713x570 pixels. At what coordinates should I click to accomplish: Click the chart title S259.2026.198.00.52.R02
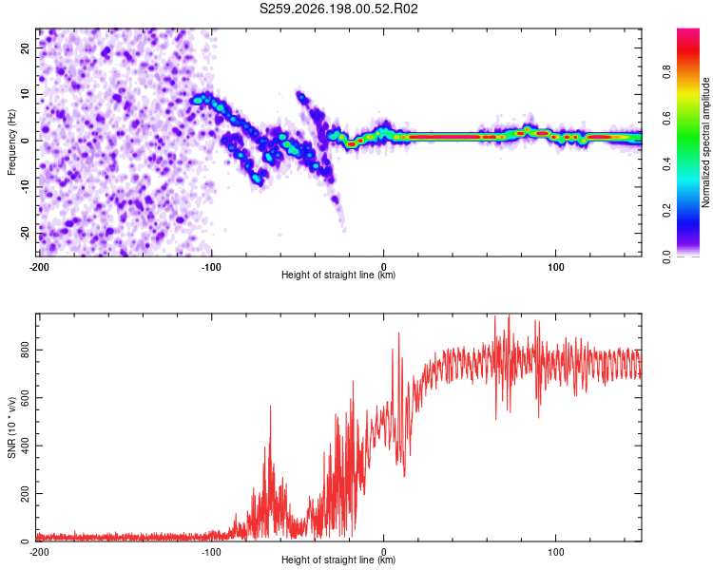tap(338, 9)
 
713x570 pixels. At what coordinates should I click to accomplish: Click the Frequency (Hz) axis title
tap(11, 142)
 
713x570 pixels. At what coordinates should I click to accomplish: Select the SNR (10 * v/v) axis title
tap(11, 427)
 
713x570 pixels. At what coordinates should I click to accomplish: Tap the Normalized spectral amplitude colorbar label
tap(705, 142)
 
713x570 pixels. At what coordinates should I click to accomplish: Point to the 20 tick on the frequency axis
tap(25, 47)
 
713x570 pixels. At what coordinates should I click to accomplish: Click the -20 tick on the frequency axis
tap(25, 233)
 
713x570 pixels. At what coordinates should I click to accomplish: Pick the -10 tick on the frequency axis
tap(25, 187)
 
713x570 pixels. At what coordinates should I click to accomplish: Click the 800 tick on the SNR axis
tap(25, 350)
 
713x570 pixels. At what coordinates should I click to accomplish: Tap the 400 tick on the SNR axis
tap(25, 446)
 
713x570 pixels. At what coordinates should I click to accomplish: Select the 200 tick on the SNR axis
tap(25, 493)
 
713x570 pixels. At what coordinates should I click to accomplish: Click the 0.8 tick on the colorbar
tap(666, 72)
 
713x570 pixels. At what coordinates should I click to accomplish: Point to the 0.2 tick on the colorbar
tap(666, 211)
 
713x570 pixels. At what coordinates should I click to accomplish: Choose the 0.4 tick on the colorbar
tap(666, 164)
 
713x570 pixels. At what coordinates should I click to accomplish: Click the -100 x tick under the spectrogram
tap(211, 267)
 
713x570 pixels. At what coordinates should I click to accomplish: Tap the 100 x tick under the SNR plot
tap(556, 552)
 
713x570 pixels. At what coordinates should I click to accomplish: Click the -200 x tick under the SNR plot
tap(39, 552)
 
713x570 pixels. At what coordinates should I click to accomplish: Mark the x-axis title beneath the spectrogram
tap(338, 275)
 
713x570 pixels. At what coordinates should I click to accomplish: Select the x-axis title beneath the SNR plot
tap(338, 560)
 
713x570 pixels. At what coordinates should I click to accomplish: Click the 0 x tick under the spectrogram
tap(384, 267)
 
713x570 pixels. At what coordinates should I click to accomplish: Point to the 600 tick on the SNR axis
tap(25, 398)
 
